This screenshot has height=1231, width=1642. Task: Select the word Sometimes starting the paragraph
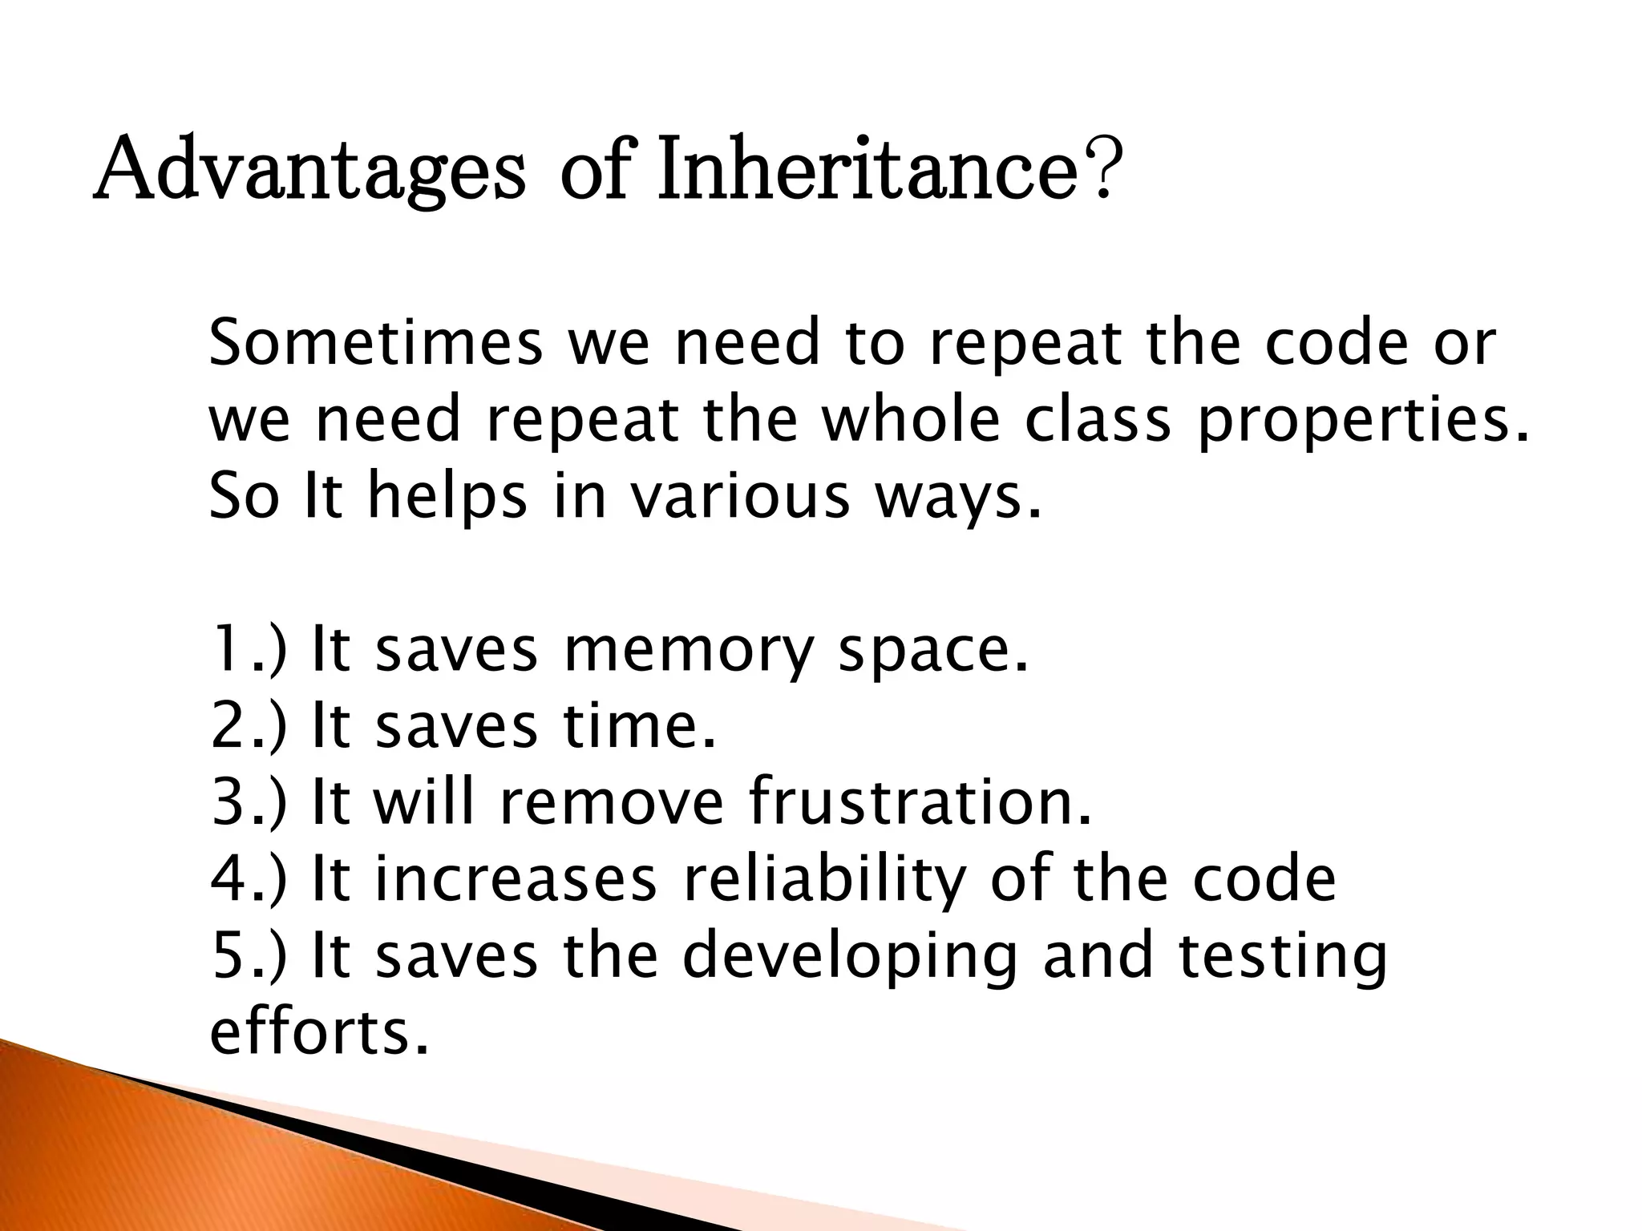click(375, 343)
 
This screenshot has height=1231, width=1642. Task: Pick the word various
click(738, 496)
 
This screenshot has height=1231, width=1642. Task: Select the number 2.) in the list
click(248, 726)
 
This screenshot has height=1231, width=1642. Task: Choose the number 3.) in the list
click(248, 802)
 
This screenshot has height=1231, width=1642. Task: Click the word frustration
click(920, 802)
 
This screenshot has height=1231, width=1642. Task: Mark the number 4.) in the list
click(248, 879)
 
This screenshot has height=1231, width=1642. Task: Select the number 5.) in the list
click(248, 955)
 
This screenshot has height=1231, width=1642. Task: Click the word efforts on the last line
click(319, 1031)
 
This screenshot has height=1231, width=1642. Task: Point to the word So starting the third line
click(244, 496)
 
